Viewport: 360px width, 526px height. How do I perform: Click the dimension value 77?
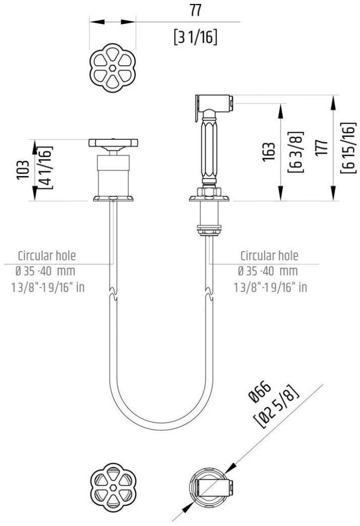pos(196,11)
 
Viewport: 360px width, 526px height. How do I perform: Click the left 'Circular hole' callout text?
pos(47,256)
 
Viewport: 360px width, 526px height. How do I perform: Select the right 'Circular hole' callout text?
pos(269,256)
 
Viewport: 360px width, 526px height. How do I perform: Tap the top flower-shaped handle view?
pos(113,68)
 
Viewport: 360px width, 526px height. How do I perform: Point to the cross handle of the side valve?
pos(113,143)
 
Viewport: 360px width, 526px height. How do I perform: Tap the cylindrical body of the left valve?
pos(113,175)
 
